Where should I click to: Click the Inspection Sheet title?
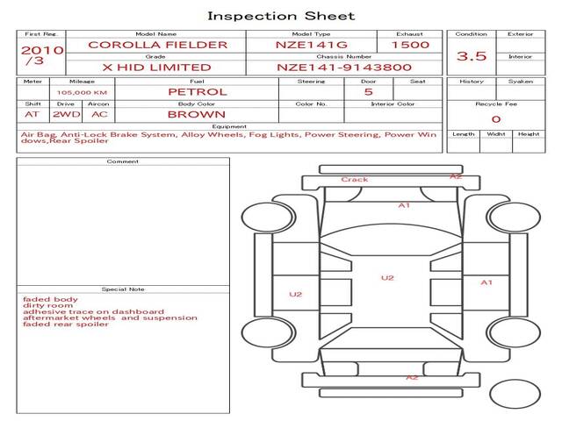pyautogui.click(x=281, y=16)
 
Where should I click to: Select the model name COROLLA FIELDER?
pyautogui.click(x=158, y=45)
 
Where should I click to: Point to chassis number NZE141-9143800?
pyautogui.click(x=344, y=68)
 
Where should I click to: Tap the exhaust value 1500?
pyautogui.click(x=410, y=45)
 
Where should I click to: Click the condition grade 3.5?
pyautogui.click(x=472, y=56)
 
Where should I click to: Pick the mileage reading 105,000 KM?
pyautogui.click(x=82, y=92)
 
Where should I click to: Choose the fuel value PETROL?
pyautogui.click(x=198, y=92)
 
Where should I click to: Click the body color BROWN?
pyautogui.click(x=197, y=115)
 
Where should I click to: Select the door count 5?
pyautogui.click(x=369, y=92)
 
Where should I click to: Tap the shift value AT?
pyautogui.click(x=32, y=115)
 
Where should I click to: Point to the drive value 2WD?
pyautogui.click(x=67, y=115)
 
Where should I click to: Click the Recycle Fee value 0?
pyautogui.click(x=496, y=119)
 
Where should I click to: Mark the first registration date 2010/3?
pyautogui.click(x=42, y=54)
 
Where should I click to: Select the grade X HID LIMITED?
pyautogui.click(x=156, y=68)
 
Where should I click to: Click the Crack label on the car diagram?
pyautogui.click(x=355, y=179)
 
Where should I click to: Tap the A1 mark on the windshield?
pyautogui.click(x=404, y=205)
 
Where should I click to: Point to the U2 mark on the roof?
pyautogui.click(x=387, y=278)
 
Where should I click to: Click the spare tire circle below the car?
pyautogui.click(x=515, y=394)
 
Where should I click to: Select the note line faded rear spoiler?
pyautogui.click(x=66, y=325)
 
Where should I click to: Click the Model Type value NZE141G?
pyautogui.click(x=312, y=45)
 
